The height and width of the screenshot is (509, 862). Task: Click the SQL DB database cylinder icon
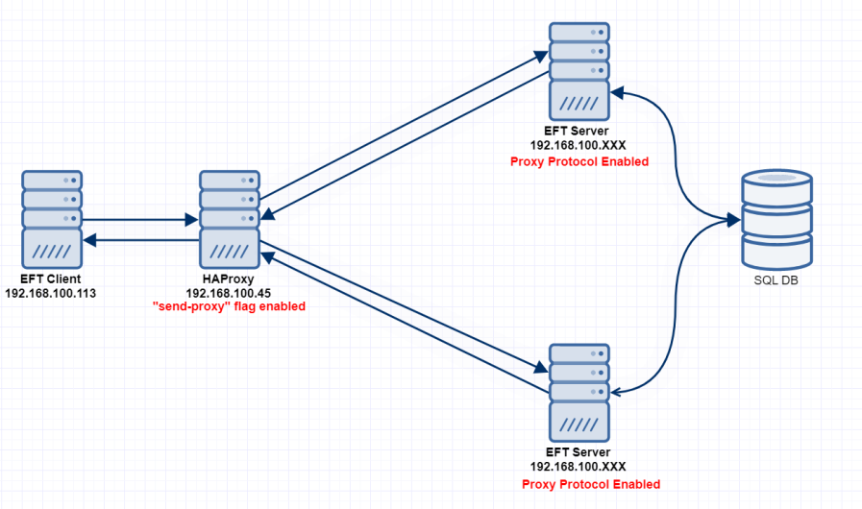(x=777, y=220)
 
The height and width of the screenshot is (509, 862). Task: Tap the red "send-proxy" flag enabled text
(x=230, y=306)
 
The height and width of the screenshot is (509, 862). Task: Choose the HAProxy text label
(x=229, y=278)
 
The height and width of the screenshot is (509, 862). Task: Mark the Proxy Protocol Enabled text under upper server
(x=579, y=162)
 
